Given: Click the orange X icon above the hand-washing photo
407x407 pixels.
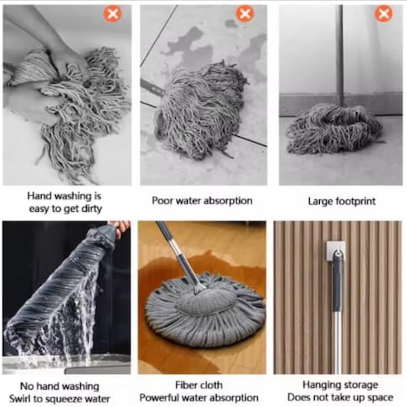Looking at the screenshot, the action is (x=113, y=13).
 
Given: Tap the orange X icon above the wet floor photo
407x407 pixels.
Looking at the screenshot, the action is (x=245, y=13).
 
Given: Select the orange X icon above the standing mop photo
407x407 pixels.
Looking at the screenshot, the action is (x=384, y=13).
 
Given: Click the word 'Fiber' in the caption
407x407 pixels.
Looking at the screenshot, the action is (x=185, y=385).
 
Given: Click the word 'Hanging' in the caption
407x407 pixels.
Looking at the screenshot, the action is (x=320, y=385).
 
